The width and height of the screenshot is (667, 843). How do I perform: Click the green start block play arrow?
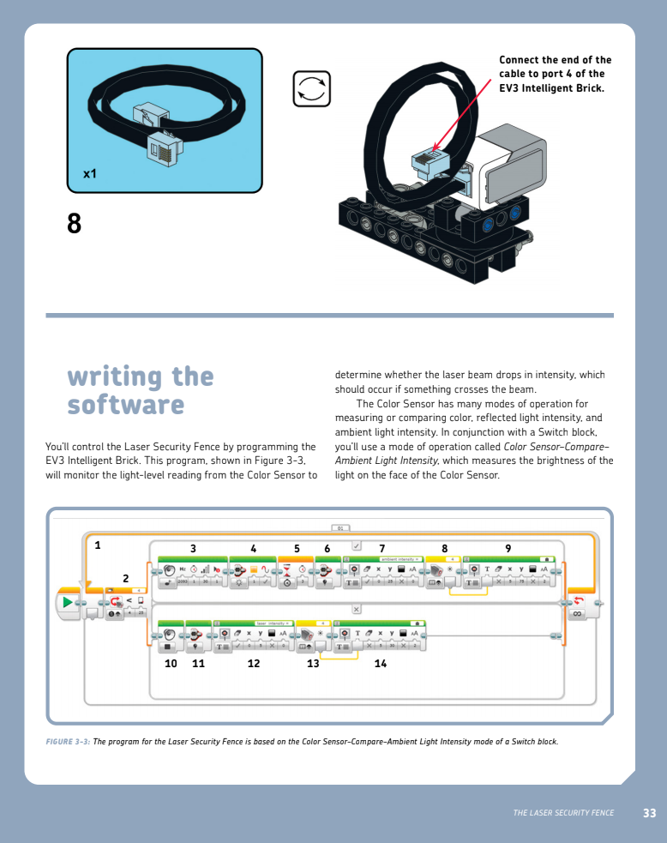point(68,604)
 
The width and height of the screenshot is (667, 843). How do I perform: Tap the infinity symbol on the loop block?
point(577,614)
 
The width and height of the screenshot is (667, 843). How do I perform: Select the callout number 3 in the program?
point(193,548)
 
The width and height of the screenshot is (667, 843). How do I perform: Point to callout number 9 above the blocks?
point(508,548)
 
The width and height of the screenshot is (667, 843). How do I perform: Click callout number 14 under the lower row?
point(379,663)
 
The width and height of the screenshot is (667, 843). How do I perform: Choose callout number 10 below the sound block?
point(171,663)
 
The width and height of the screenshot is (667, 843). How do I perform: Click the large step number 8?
point(74,224)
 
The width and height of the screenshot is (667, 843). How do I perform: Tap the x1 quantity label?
point(90,173)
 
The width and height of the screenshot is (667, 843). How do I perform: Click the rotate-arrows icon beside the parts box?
point(311,89)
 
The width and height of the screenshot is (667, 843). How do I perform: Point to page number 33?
point(649,813)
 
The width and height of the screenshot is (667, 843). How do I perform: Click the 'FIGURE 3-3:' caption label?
point(68,742)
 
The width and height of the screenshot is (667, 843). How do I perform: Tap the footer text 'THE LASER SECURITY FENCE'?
point(563,813)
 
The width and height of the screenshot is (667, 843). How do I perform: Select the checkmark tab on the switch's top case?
point(357,545)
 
